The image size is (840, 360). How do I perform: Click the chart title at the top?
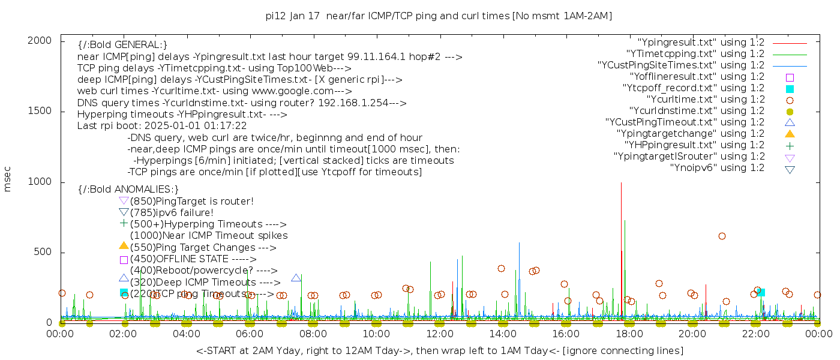[x=439, y=16]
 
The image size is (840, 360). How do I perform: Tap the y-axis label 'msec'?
[x=8, y=179]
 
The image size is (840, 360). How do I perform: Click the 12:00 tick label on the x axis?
[x=440, y=334]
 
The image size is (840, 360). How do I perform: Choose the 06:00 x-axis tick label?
[x=250, y=334]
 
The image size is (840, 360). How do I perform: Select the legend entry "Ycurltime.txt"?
[x=705, y=100]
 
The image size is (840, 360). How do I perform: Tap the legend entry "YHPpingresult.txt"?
[x=694, y=145]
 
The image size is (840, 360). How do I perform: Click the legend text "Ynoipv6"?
[x=717, y=168]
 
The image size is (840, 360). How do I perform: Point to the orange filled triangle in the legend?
[x=790, y=134]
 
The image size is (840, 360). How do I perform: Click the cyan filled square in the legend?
[x=790, y=88]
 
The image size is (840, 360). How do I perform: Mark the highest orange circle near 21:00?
[x=722, y=236]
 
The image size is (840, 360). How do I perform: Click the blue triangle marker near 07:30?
[x=296, y=278]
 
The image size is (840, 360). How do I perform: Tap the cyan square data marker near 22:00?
[x=761, y=292]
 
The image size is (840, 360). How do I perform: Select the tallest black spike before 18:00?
[x=621, y=182]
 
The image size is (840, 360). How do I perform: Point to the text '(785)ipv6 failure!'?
[x=172, y=213]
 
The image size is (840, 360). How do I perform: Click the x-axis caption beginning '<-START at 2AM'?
[x=439, y=350]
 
